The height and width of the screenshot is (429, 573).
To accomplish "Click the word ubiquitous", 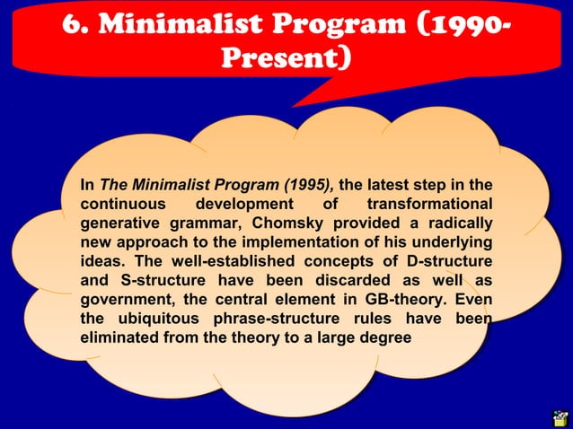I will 154,319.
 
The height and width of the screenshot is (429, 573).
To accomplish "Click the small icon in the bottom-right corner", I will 560,416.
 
